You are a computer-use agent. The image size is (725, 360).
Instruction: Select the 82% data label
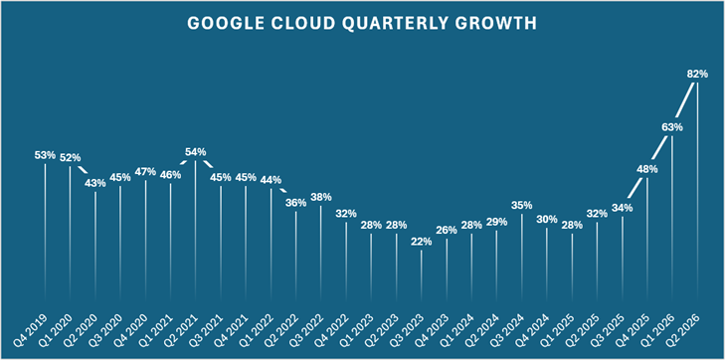point(697,74)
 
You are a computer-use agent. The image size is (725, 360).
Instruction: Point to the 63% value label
point(672,126)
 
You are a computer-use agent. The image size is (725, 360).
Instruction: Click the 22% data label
point(422,241)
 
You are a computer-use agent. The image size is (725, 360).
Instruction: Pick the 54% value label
point(196,151)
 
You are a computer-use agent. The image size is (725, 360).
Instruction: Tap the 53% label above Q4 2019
point(45,155)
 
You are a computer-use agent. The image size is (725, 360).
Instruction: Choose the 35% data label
point(522,205)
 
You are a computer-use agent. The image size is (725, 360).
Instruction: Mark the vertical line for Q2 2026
point(697,193)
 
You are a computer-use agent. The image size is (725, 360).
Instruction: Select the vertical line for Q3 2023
point(422,276)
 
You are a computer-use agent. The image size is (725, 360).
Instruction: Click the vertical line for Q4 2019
point(45,234)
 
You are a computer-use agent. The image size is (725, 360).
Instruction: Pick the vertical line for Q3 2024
point(522,259)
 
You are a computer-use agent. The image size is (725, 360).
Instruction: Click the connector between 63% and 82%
point(685,99)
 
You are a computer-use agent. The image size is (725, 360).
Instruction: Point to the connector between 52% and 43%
point(83,170)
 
